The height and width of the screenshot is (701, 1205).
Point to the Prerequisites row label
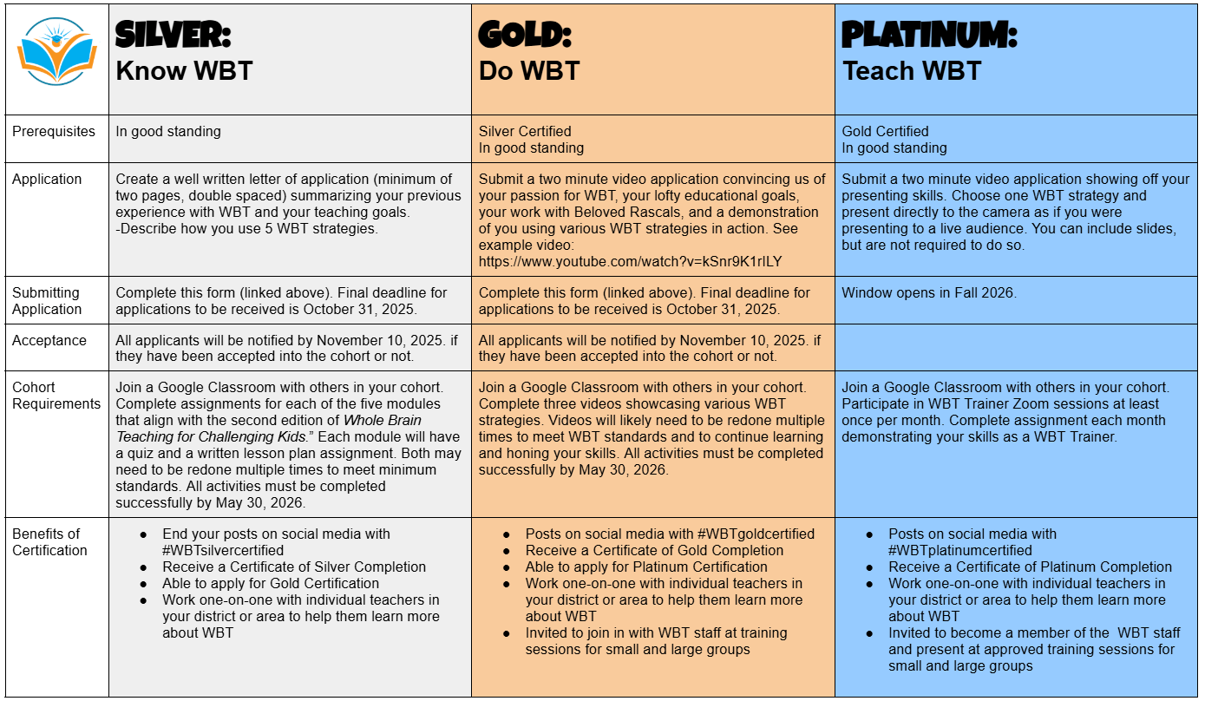54,132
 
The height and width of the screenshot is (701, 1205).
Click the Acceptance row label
49,341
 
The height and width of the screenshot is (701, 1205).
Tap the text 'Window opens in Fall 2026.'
929,293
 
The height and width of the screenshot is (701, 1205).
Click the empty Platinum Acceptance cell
1016,348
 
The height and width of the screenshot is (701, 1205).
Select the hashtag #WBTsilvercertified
223,550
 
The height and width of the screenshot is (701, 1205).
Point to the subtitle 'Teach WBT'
912,71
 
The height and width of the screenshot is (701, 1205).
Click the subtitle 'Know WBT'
184,71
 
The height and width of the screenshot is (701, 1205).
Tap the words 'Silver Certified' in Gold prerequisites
525,132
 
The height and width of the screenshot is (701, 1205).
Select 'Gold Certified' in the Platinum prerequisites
885,132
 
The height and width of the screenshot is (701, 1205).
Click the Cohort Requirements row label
56,396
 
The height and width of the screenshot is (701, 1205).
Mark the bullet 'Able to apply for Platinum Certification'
646,567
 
